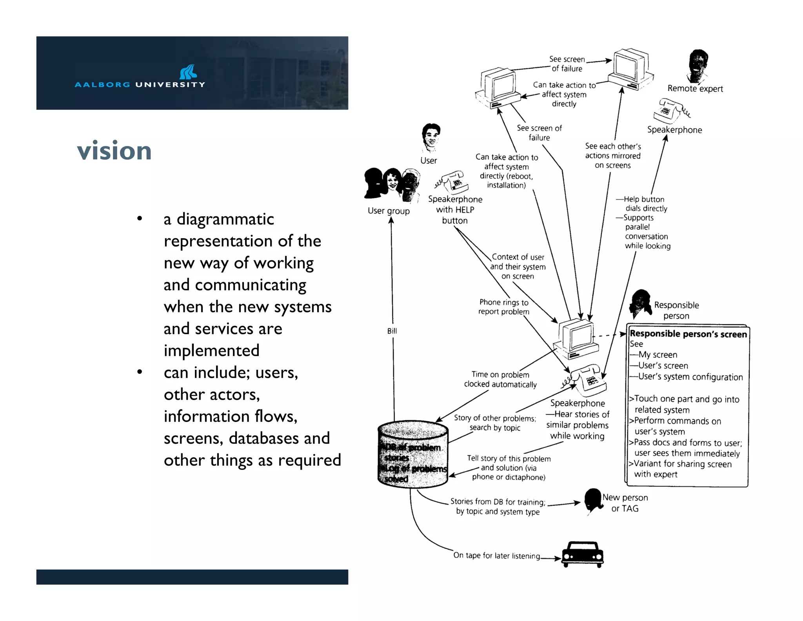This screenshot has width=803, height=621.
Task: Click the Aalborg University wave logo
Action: pos(188,72)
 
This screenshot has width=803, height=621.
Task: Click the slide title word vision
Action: pos(114,151)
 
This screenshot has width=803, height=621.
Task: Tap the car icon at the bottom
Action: pos(583,554)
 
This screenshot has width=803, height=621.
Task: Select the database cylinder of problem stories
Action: pos(413,454)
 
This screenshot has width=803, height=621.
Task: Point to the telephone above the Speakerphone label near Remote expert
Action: pos(671,111)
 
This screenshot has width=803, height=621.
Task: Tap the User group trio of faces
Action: pos(392,184)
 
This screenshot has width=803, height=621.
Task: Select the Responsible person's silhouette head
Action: pos(640,303)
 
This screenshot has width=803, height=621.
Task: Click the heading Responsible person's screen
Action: pos(688,334)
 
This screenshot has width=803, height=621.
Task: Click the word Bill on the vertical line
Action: pos(392,331)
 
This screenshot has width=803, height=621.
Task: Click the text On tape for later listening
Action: pos(496,555)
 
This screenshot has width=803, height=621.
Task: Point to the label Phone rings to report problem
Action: pos(504,307)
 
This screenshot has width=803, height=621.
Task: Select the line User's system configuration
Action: pos(690,377)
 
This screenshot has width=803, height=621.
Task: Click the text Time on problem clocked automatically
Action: pos(500,380)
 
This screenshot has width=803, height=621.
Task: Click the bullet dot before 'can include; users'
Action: pos(139,372)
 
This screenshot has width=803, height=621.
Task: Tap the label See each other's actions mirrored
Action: pos(613,156)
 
